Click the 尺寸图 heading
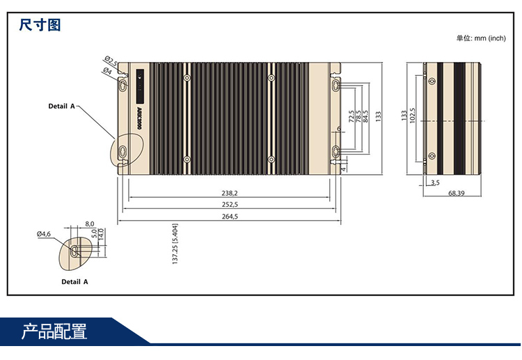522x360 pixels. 40,26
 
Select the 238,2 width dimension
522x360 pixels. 230,193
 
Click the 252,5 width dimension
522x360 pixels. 230,204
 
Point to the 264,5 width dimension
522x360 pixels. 230,216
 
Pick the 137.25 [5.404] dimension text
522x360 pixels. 175,244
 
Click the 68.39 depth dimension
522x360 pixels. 457,192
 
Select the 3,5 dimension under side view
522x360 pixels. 435,182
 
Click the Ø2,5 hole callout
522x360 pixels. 111,61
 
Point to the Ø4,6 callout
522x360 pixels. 44,235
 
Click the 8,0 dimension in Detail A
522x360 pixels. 89,224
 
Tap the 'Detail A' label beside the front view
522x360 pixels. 61,107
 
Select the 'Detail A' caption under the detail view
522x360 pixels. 75,282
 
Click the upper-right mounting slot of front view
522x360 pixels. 336,84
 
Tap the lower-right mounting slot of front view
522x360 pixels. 336,151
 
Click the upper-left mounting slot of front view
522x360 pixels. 123,84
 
